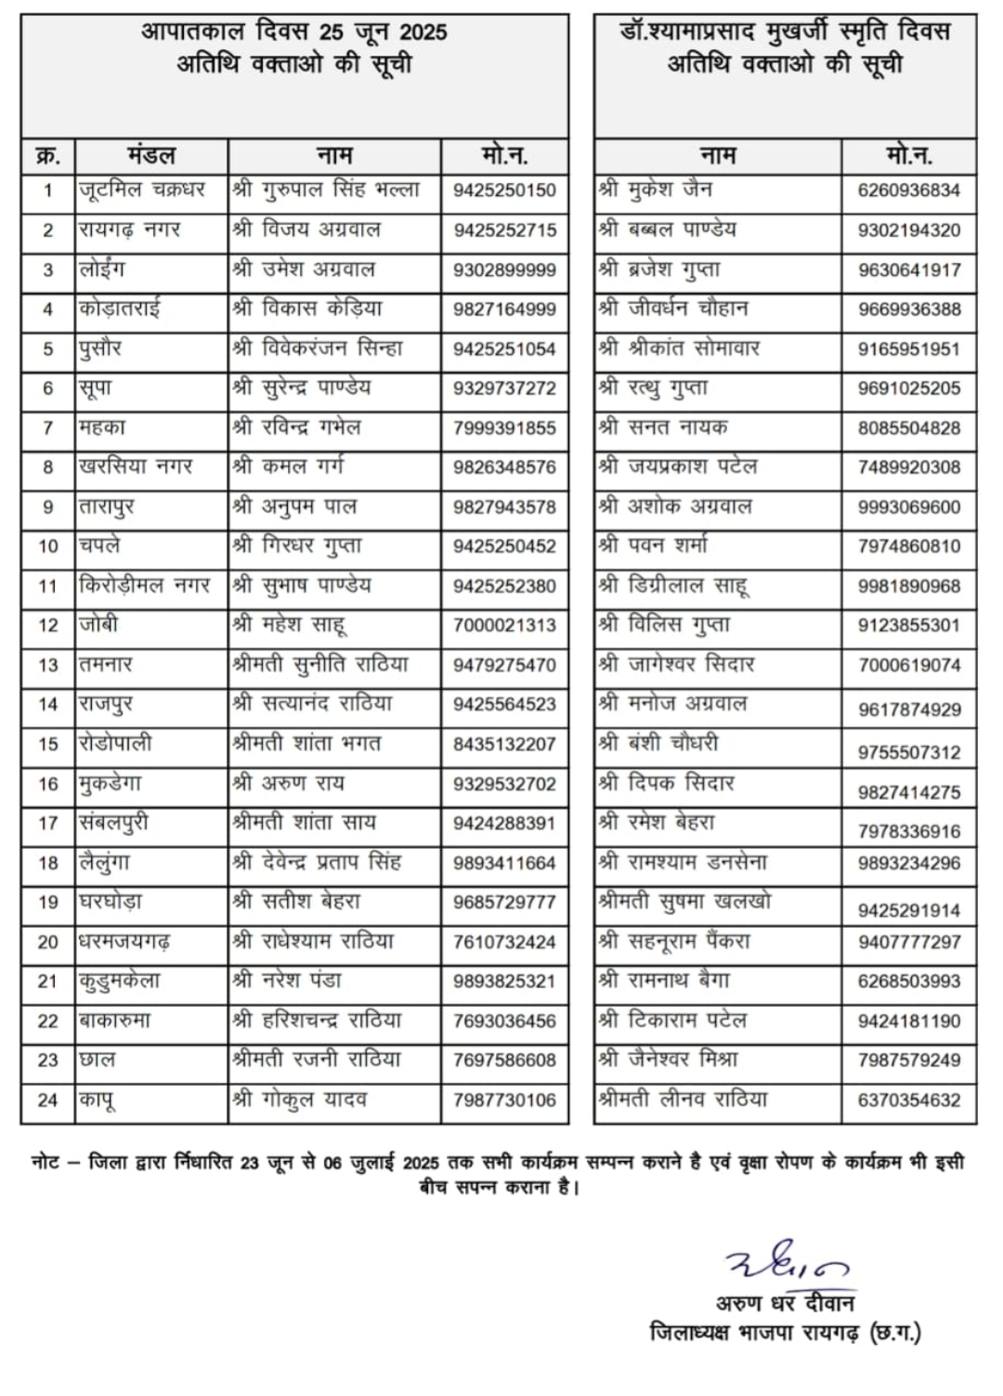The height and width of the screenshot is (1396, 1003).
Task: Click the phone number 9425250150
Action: pyautogui.click(x=504, y=190)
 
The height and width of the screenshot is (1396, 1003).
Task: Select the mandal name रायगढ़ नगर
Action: pyautogui.click(x=129, y=229)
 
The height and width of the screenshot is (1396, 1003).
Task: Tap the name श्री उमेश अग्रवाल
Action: pyautogui.click(x=304, y=269)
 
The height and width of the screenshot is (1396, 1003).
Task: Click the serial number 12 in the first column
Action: pyautogui.click(x=48, y=625)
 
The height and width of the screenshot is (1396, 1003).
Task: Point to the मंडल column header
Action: pyautogui.click(x=150, y=155)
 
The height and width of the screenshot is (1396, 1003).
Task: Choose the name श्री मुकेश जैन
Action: pyautogui.click(x=656, y=189)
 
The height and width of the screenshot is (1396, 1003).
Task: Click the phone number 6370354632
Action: pyautogui.click(x=908, y=1101)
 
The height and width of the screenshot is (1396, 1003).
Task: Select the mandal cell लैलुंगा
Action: pyautogui.click(x=104, y=863)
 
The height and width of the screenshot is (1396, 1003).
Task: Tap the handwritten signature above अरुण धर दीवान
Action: pyautogui.click(x=786, y=1260)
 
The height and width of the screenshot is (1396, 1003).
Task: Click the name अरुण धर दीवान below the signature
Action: pyautogui.click(x=785, y=1302)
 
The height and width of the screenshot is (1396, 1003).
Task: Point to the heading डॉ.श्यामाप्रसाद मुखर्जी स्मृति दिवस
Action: pyautogui.click(x=785, y=33)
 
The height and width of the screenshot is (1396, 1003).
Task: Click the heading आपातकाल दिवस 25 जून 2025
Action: pyautogui.click(x=293, y=33)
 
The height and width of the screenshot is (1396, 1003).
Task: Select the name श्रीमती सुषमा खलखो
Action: pyautogui.click(x=684, y=902)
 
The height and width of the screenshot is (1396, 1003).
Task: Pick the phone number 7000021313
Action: pyautogui.click(x=504, y=625)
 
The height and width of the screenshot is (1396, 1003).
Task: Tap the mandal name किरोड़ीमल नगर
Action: pyautogui.click(x=144, y=585)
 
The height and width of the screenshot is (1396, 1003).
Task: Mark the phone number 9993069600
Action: pyautogui.click(x=908, y=507)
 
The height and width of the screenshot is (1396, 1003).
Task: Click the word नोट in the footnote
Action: pyautogui.click(x=46, y=1162)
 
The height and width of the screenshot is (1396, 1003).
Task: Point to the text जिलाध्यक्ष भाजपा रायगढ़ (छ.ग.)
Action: pyautogui.click(x=785, y=1333)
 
